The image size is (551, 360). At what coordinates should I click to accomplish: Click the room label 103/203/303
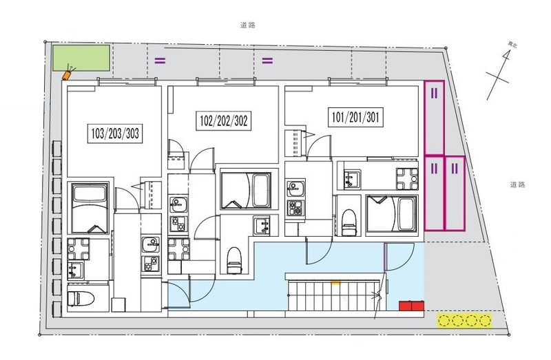(115, 134)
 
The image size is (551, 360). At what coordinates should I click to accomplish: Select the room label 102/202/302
(223, 121)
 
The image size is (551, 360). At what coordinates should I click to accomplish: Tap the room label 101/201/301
(355, 117)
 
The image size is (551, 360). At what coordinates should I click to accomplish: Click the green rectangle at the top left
(81, 58)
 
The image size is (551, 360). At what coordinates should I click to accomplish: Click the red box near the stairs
(411, 306)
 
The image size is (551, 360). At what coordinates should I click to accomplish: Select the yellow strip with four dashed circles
(464, 321)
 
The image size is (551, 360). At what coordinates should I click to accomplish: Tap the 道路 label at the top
(248, 25)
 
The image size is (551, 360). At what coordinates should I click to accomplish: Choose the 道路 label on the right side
(517, 184)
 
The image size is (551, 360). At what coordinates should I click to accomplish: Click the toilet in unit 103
(81, 299)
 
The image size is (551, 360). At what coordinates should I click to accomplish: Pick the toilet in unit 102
(234, 260)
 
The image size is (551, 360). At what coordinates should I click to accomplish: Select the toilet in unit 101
(349, 222)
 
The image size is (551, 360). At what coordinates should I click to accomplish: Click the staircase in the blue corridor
(333, 295)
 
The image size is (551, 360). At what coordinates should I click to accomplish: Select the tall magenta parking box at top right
(435, 118)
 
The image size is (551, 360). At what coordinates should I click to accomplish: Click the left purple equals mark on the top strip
(160, 61)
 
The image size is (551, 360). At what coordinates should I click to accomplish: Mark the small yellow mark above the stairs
(335, 282)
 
